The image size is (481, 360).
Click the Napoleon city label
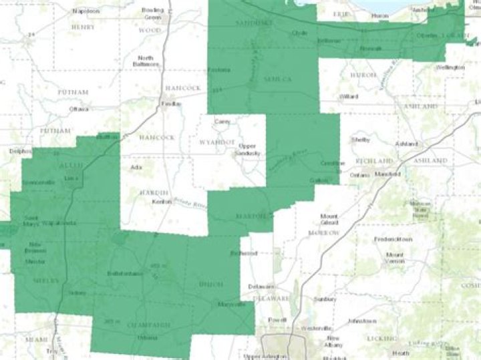(x=87, y=11)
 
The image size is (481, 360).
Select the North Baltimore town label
(x=146, y=61)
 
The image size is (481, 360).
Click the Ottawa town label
(x=79, y=108)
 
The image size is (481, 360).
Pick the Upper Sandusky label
(x=247, y=150)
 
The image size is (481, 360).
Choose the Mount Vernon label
(x=395, y=257)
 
